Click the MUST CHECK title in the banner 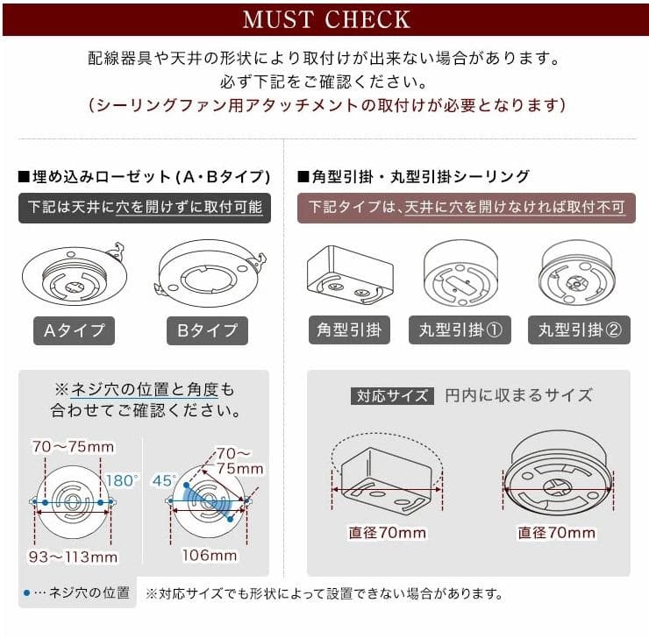(325, 18)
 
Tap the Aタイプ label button (75, 330)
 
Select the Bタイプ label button (207, 330)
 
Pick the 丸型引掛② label (579, 330)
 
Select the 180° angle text (123, 480)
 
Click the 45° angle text (162, 480)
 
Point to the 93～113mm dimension (75, 556)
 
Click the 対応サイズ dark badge (392, 395)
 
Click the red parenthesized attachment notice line (325, 106)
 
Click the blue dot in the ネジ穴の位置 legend (28, 593)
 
